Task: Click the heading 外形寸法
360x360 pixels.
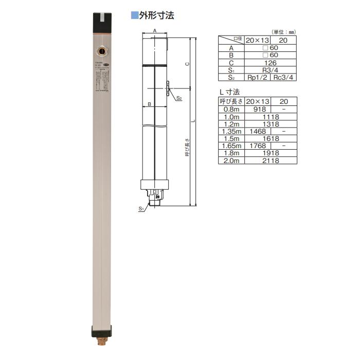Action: (157, 15)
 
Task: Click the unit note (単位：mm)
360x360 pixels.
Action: (282, 31)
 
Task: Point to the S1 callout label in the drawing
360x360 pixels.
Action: (141, 209)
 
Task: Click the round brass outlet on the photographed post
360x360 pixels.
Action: (102, 51)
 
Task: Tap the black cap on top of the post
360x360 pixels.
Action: (103, 21)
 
